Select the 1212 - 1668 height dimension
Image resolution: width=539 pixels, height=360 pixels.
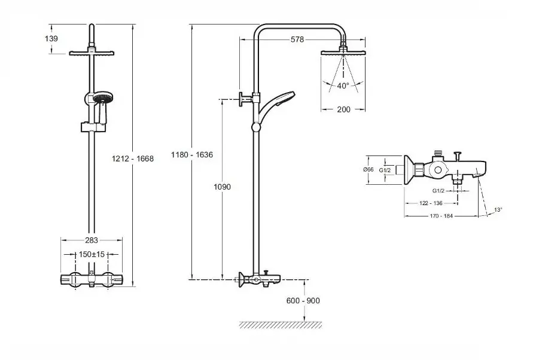coord(133,158)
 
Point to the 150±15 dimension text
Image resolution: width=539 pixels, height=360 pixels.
coord(92,254)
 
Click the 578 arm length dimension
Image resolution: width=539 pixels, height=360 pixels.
coord(297,40)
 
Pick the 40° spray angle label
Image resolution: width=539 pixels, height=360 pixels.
coord(343,86)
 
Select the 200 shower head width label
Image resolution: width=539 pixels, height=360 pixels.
coord(343,109)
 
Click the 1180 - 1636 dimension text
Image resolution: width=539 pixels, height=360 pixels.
coord(191,154)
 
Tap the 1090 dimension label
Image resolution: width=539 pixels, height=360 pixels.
coord(222,187)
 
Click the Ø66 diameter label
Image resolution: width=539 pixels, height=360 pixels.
coord(369,170)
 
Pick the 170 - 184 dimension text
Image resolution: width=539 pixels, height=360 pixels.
coord(442,216)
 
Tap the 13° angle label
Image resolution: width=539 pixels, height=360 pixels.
coord(498,210)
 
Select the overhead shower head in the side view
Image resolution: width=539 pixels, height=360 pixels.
coord(343,53)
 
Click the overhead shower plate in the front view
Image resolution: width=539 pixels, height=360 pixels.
coord(92,54)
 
